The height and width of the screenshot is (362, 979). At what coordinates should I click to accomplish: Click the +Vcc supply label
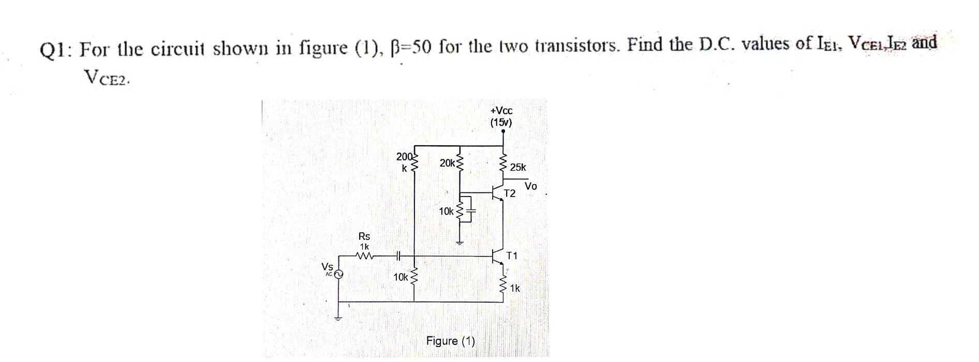tap(501, 111)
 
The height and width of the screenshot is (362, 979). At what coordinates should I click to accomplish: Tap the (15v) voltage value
tap(501, 123)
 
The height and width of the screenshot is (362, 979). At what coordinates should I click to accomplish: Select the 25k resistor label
tap(517, 167)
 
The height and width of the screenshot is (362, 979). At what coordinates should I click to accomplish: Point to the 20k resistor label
tap(447, 163)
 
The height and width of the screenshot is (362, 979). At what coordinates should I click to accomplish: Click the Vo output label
tap(531, 186)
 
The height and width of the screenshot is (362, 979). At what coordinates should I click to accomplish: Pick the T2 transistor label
tap(510, 194)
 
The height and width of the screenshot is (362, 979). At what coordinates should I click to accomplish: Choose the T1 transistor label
tap(512, 255)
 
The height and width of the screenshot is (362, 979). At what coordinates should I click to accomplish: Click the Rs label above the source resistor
tap(364, 236)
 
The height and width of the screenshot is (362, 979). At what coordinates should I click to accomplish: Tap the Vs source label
tap(327, 266)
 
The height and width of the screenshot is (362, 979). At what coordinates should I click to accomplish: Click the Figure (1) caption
tap(450, 341)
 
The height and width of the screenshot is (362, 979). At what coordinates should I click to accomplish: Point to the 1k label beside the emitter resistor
tap(515, 289)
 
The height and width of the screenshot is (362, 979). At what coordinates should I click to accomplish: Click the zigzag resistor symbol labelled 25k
tap(503, 164)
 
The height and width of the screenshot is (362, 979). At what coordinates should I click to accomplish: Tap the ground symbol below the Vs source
tap(338, 317)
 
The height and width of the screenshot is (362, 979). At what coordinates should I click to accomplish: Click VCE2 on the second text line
tap(106, 78)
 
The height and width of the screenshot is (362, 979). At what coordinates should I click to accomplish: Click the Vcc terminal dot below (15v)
tap(503, 131)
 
